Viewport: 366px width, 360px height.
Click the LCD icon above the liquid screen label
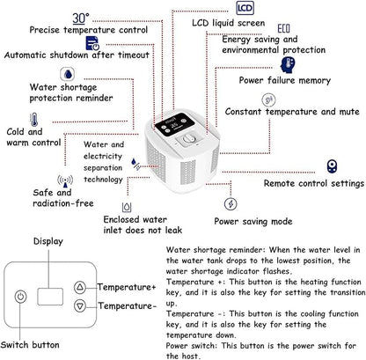click(245, 8)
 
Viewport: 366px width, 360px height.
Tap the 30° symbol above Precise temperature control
click(80, 18)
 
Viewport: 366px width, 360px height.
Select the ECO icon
click(283, 28)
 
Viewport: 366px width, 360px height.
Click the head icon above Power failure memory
click(288, 64)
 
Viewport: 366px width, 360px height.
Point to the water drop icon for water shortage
click(68, 74)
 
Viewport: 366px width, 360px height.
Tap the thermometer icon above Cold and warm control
click(34, 120)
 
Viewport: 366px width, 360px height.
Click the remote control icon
click(332, 166)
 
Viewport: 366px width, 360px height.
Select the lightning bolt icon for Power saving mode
click(231, 203)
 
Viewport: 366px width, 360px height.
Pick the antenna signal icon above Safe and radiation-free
click(65, 181)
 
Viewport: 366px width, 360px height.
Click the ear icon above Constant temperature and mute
click(268, 100)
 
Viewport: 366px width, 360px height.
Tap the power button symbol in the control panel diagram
click(20, 297)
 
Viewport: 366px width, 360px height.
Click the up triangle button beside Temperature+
click(80, 287)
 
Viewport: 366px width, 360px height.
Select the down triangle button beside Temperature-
click(80, 306)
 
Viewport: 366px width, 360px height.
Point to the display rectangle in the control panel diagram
click(50, 297)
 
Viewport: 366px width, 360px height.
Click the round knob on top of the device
click(188, 139)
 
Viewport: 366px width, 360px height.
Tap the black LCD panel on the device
click(174, 124)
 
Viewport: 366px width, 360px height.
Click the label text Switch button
click(30, 345)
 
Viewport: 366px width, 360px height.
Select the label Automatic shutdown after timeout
click(77, 55)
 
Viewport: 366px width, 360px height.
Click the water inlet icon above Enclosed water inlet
click(127, 207)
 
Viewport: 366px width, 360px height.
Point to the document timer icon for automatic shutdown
click(92, 43)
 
